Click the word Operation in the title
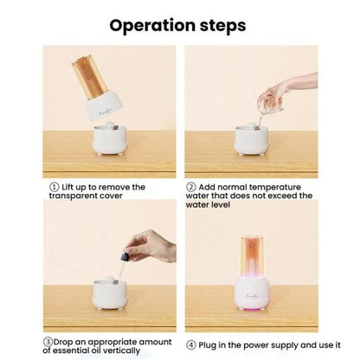pyautogui.click(x=152, y=26)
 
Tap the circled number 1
pyautogui.click(x=55, y=187)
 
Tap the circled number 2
pyautogui.click(x=191, y=187)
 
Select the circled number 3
pyautogui.click(x=48, y=342)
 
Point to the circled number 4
pyautogui.click(x=191, y=345)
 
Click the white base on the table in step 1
pyautogui.click(x=110, y=138)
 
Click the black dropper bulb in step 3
pyautogui.click(x=125, y=255)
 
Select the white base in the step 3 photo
pyautogui.click(x=110, y=293)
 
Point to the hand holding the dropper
pyautogui.click(x=151, y=246)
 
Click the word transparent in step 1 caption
pyautogui.click(x=71, y=196)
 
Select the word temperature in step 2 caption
pyautogui.click(x=275, y=187)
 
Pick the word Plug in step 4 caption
pyautogui.click(x=207, y=345)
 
